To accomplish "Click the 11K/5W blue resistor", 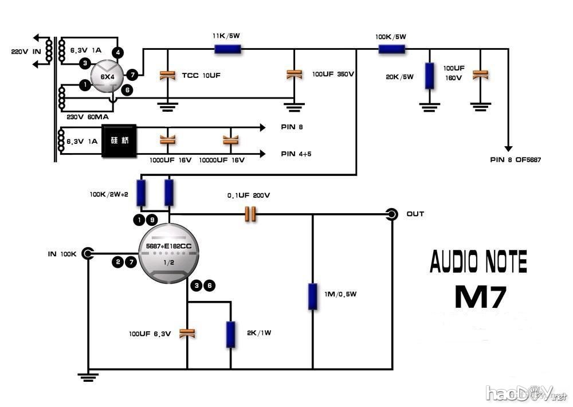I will point(228,49).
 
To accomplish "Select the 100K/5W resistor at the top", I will point(392,49).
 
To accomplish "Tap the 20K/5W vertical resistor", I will point(429,76).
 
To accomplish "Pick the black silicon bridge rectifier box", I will point(119,140).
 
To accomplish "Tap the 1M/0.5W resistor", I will point(312,296).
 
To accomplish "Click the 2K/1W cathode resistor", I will point(230,335).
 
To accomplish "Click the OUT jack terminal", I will point(393,214).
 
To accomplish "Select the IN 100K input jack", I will point(88,253).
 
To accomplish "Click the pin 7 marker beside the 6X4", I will point(132,75).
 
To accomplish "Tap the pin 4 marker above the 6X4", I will point(118,53).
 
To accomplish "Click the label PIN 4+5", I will point(296,154).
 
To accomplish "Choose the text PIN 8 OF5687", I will point(515,159).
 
